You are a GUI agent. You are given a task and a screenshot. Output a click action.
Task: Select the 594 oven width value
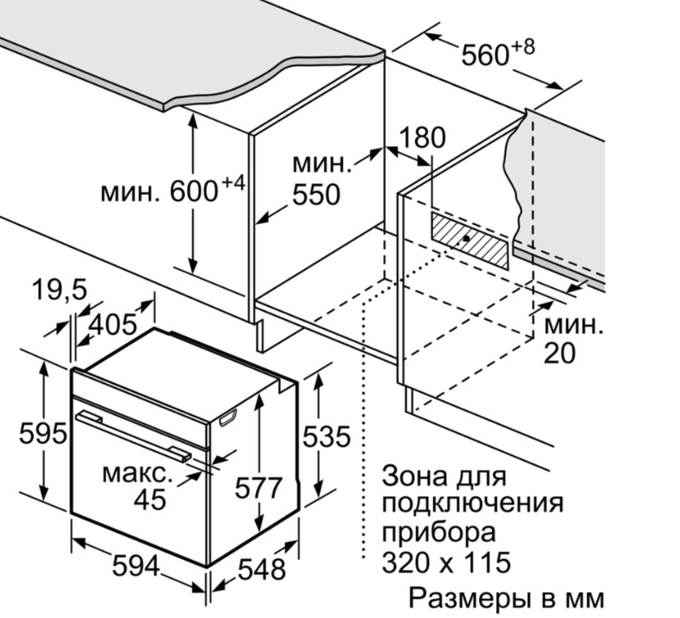tap(136, 567)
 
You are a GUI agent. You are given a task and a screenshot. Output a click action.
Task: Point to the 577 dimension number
tap(258, 487)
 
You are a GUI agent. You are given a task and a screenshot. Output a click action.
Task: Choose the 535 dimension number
tap(326, 436)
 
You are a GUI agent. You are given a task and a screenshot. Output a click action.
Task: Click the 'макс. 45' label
tap(137, 486)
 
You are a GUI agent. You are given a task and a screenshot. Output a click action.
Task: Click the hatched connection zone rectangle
tap(470, 239)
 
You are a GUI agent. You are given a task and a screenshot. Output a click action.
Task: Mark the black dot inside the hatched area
tap(466, 239)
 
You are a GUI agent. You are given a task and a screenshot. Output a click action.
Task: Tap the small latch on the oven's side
tap(227, 419)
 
